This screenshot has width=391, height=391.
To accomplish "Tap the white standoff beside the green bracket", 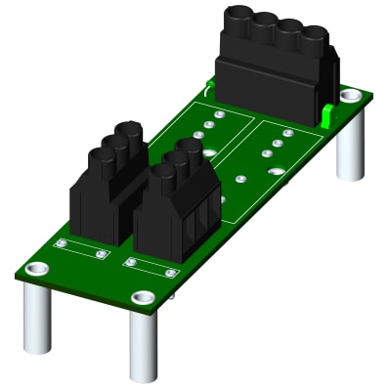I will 351,145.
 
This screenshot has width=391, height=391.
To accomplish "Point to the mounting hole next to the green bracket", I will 349,96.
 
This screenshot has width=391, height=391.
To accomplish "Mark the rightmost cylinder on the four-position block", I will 313,40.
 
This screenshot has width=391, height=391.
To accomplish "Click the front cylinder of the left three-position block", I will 104,158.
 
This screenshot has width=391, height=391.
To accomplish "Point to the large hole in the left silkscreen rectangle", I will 209,152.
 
